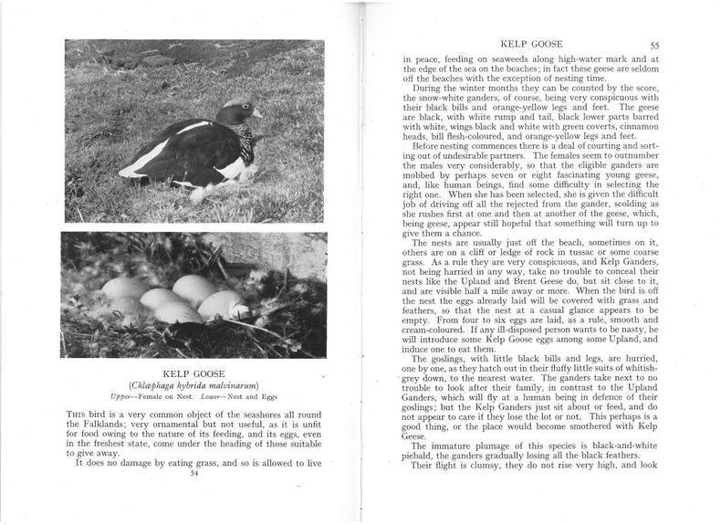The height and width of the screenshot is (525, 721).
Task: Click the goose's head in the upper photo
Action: (239, 110)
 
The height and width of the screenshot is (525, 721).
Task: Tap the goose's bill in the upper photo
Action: (256, 114)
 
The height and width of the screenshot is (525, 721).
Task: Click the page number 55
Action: (654, 45)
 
